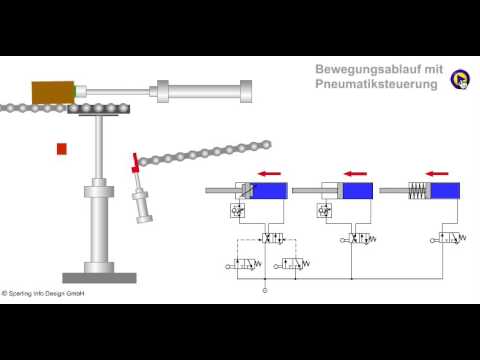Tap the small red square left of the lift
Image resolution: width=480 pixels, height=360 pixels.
pyautogui.click(x=62, y=149)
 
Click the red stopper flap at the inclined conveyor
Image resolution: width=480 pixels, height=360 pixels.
pyautogui.click(x=134, y=162)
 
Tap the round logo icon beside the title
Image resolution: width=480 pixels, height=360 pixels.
pyautogui.click(x=459, y=80)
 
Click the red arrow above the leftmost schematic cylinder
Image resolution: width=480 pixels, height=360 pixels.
pyautogui.click(x=268, y=173)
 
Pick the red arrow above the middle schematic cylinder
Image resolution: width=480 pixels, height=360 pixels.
pyautogui.click(x=356, y=173)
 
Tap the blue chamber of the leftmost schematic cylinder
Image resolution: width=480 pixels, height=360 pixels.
pyautogui.click(x=269, y=191)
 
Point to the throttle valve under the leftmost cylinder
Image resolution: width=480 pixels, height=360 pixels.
pyautogui.click(x=239, y=211)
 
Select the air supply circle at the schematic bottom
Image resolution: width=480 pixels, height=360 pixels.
pyautogui.click(x=265, y=290)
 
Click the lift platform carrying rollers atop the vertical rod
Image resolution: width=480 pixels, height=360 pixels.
pyautogui.click(x=101, y=113)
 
